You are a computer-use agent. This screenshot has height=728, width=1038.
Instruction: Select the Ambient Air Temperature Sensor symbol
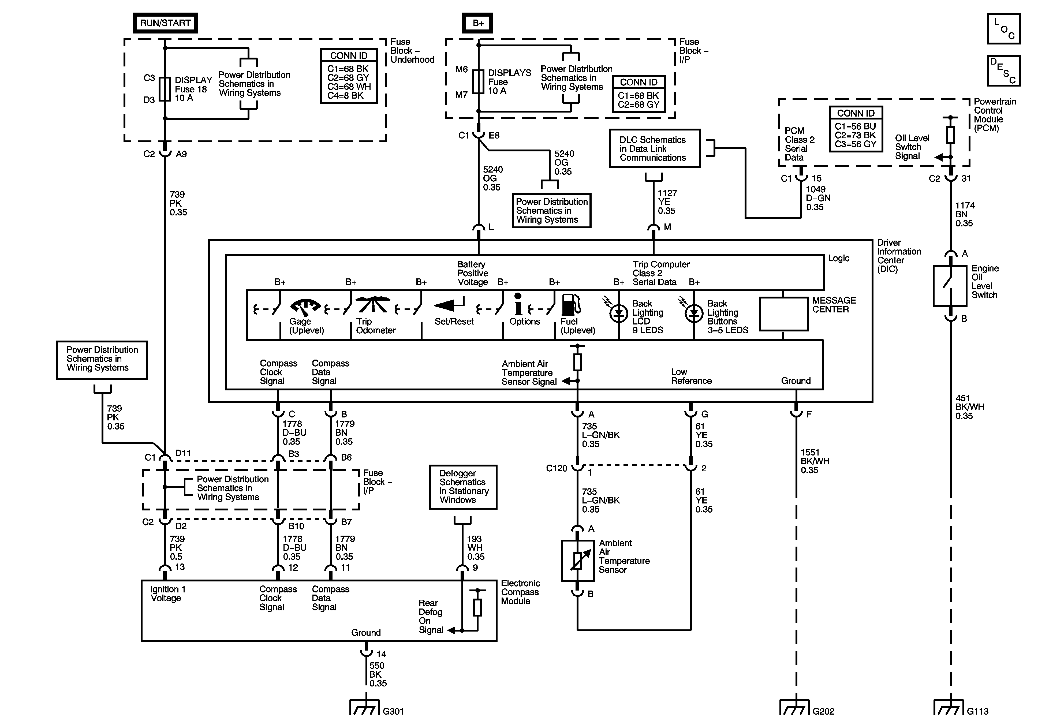[x=578, y=561]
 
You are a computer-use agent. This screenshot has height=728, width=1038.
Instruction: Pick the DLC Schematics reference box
[x=655, y=149]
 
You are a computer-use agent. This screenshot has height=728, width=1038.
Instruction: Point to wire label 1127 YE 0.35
[x=667, y=202]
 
